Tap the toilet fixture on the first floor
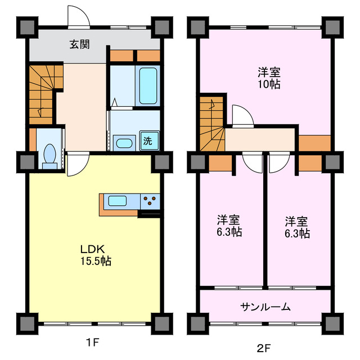(49, 155)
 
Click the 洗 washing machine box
(147, 141)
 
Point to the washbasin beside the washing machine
(124, 142)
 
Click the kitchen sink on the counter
(120, 200)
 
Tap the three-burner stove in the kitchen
(150, 200)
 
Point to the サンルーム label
(265, 307)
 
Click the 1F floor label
(93, 341)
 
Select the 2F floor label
(264, 348)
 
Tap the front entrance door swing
(78, 17)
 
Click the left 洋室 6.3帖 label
(229, 226)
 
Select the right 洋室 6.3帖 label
(296, 226)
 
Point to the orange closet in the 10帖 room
(314, 143)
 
